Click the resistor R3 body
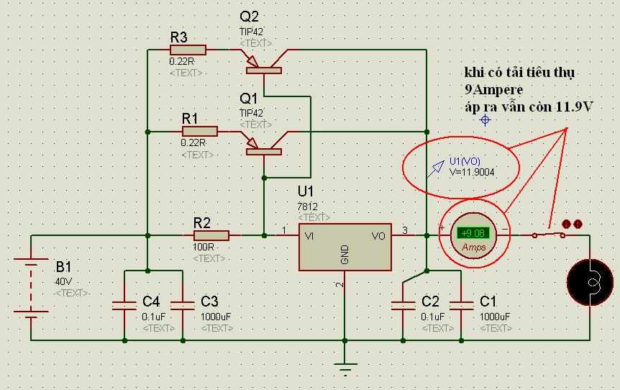188,50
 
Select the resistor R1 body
199,132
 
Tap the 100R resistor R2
211,235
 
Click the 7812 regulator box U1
345,246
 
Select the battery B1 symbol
30,288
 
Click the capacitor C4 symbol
124,305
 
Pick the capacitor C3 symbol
181,305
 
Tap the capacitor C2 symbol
403,305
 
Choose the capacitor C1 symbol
460,305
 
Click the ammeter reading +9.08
473,232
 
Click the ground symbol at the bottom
345,370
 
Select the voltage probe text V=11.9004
473,172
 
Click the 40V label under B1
64,281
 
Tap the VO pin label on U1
378,235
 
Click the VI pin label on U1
310,235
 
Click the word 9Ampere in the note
494,90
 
